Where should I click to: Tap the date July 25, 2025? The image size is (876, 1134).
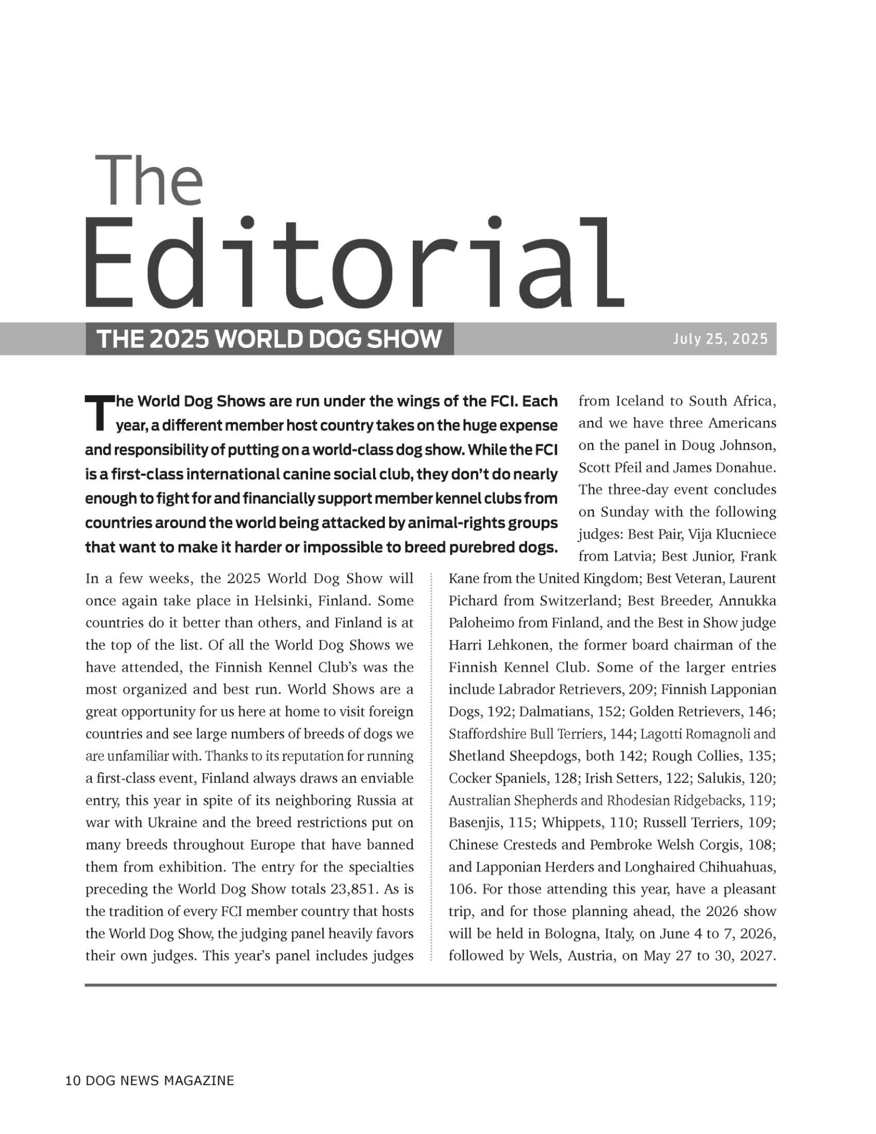720,339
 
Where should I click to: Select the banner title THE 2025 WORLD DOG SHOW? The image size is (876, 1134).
269,339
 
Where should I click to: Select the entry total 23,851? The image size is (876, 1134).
352,890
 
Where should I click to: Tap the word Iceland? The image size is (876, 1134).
638,401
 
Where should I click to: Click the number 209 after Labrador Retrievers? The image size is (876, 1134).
642,690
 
